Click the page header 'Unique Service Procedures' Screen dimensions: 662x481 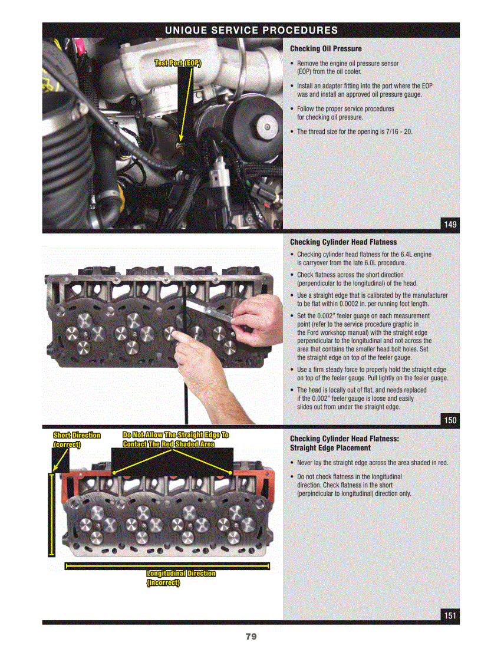pyautogui.click(x=251, y=30)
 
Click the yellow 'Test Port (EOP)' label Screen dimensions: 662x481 pyautogui.click(x=177, y=64)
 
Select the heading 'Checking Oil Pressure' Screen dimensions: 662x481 pyautogui.click(x=325, y=49)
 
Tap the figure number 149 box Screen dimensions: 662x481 pyautogui.click(x=450, y=224)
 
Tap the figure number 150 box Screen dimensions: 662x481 pyautogui.click(x=450, y=420)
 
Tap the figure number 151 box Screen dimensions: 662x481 pyautogui.click(x=450, y=615)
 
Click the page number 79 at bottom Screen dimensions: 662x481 pyautogui.click(x=251, y=637)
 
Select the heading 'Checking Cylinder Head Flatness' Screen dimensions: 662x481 pyautogui.click(x=343, y=242)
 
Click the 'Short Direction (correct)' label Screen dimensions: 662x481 pyautogui.click(x=77, y=440)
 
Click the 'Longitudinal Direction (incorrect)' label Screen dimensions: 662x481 pyautogui.click(x=180, y=578)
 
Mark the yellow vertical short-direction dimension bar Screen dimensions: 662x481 pyautogui.click(x=51, y=514)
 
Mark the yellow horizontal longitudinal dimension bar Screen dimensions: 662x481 pyautogui.click(x=167, y=567)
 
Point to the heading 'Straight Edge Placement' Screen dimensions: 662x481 pyautogui.click(x=330, y=449)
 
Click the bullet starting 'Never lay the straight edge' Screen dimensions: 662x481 pyautogui.click(x=372, y=463)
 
